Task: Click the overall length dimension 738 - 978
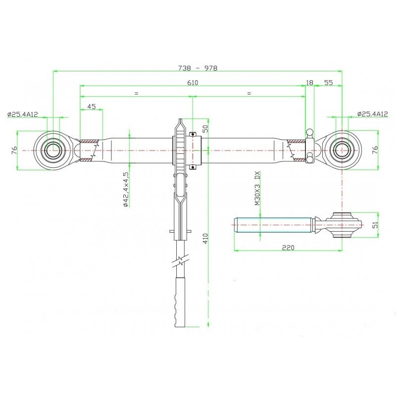coord(198,68)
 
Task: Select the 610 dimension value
coord(193,83)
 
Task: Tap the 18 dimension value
coord(309,83)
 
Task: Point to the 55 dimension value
coord(328,83)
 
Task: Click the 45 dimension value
coord(92,106)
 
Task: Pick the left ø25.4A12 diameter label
coord(22,114)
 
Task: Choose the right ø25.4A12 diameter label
coord(373,114)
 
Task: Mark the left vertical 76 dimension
coord(14,150)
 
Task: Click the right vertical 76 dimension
coord(375,150)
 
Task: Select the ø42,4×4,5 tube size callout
coord(126,190)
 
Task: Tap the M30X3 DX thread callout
coord(257,188)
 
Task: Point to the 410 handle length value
coord(205,239)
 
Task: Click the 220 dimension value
coord(288,247)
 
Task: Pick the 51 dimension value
coord(376,225)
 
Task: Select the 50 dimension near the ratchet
coord(205,129)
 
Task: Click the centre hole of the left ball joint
coord(53,150)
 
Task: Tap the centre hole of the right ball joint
coord(342,150)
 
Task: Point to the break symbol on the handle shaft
coord(180,261)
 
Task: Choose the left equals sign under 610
coord(137,93)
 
